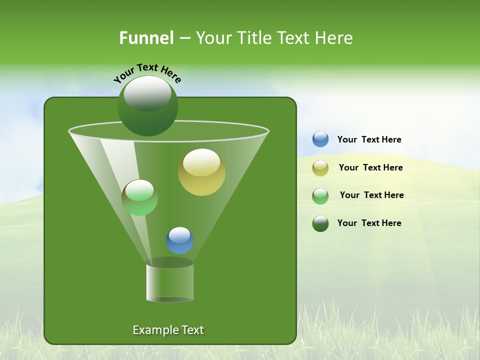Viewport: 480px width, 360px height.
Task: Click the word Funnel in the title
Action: [146, 38]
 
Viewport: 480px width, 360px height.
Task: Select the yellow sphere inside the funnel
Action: [201, 172]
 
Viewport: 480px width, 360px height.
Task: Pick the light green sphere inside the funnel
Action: [139, 197]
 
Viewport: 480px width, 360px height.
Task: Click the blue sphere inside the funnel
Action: [179, 240]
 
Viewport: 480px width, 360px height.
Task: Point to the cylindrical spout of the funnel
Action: [169, 282]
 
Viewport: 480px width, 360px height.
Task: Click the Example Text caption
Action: [168, 330]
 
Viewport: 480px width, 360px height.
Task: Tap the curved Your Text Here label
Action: [147, 72]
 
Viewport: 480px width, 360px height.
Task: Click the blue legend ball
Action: [320, 139]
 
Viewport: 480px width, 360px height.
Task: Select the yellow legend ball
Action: [320, 168]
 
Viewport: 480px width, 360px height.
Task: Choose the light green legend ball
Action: [320, 196]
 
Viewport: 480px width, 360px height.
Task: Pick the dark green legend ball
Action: [320, 223]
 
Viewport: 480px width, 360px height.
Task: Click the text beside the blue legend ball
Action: [369, 139]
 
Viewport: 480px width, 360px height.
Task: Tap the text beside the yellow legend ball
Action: [370, 167]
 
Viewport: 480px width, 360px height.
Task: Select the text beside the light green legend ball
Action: [371, 195]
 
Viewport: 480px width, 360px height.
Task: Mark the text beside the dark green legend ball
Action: [369, 223]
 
